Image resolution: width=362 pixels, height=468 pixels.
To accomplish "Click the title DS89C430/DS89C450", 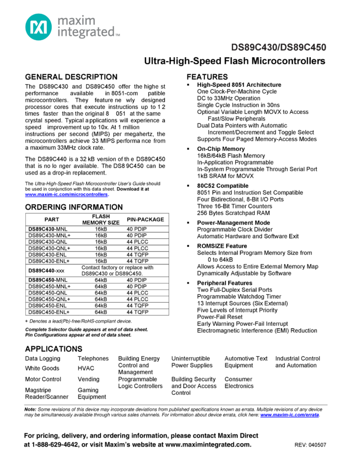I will click(278, 47).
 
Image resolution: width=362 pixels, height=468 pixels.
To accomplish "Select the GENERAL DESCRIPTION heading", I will click(71, 77).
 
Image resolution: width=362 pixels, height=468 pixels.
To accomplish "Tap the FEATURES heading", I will click(207, 77).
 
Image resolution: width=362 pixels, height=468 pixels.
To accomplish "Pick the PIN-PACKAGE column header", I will click(145, 219).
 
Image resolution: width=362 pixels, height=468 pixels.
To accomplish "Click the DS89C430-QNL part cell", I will click(48, 242).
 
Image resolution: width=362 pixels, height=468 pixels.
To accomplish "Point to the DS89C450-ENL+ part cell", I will click(49, 312).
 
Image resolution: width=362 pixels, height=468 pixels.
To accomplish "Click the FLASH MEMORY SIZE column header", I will click(101, 219).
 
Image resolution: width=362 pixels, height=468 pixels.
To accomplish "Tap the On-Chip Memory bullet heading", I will click(221, 149).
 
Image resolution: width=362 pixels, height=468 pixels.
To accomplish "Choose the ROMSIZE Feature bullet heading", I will click(222, 246).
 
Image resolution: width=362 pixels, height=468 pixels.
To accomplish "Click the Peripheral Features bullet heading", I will click(225, 282).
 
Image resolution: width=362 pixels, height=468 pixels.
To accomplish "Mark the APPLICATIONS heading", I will click(53, 349).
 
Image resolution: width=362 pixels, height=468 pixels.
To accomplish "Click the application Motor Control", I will click(43, 379).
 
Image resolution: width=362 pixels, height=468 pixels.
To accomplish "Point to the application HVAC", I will click(86, 368).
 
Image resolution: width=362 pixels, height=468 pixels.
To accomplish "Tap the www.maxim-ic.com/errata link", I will click(289, 415).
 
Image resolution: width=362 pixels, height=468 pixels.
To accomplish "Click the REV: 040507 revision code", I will click(310, 445).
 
